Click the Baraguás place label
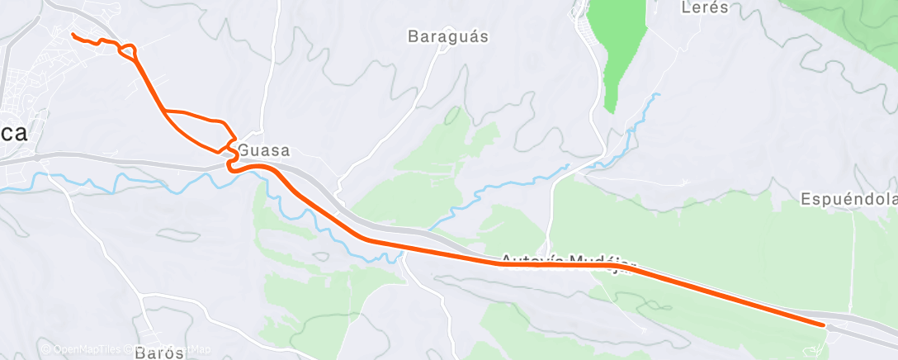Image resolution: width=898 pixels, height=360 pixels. (449, 36)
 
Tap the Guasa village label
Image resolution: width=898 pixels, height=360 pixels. (264, 151)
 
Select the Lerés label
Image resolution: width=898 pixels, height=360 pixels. (706, 8)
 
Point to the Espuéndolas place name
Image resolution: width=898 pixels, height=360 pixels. (849, 199)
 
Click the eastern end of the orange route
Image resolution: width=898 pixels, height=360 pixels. (823, 324)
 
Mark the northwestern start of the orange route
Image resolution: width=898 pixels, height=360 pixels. (73, 35)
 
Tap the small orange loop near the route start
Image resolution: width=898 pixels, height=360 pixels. (128, 52)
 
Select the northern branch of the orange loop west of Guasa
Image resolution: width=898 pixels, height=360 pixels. (196, 114)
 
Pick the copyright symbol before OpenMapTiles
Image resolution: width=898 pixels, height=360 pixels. (45, 350)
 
